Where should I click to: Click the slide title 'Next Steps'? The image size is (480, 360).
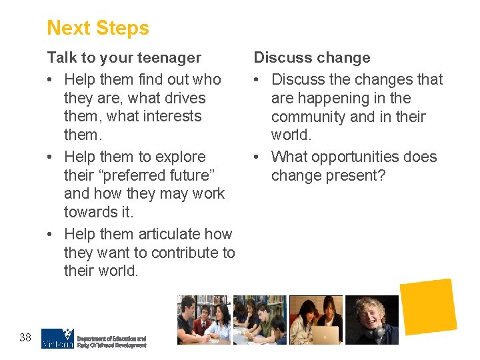(98, 28)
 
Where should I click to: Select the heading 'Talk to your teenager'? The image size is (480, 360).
(123, 58)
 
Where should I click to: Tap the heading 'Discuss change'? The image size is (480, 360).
(312, 58)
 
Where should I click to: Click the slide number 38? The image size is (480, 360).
(25, 337)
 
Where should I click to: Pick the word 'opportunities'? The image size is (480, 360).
(344, 157)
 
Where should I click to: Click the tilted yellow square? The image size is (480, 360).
(427, 307)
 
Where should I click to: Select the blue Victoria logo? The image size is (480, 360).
(57, 338)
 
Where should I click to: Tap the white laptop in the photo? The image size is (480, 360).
(326, 334)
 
